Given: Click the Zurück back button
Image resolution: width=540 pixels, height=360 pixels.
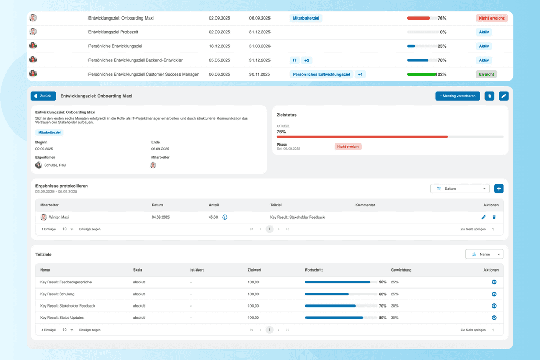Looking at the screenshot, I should point(43,96).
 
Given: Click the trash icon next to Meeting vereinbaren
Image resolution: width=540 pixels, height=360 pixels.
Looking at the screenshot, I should point(489,96).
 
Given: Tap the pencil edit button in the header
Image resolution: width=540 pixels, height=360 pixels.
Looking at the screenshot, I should point(503,96).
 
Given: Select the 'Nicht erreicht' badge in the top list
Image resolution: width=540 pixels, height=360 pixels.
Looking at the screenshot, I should point(491,18).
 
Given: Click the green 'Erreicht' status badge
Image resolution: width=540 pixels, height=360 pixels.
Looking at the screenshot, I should point(486,74).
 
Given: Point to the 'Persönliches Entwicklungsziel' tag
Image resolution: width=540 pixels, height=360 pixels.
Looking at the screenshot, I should point(321,74).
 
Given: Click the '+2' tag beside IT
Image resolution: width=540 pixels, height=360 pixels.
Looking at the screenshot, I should point(307,60).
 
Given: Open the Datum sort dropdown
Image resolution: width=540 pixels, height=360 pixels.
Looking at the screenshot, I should point(459,189).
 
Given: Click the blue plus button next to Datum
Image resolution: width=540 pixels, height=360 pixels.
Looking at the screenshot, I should point(499,189).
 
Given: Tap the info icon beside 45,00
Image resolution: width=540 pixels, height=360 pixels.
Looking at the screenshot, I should point(225,218).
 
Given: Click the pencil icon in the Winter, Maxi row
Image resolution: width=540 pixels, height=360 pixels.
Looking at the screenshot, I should point(483,218).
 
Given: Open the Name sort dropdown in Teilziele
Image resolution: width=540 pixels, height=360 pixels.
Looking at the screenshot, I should point(484,254).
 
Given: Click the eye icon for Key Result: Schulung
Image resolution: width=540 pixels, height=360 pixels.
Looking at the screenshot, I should point(494,294).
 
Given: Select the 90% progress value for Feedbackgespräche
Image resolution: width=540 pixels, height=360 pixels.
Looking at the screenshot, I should point(382,282).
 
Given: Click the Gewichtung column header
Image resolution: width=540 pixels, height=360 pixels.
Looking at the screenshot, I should point(401,270).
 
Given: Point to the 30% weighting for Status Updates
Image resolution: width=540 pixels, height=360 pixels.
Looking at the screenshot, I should point(394,318).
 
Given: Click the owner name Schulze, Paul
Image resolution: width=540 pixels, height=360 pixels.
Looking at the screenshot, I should point(55,165).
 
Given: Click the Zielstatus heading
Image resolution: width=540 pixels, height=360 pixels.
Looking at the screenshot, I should point(286,115).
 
